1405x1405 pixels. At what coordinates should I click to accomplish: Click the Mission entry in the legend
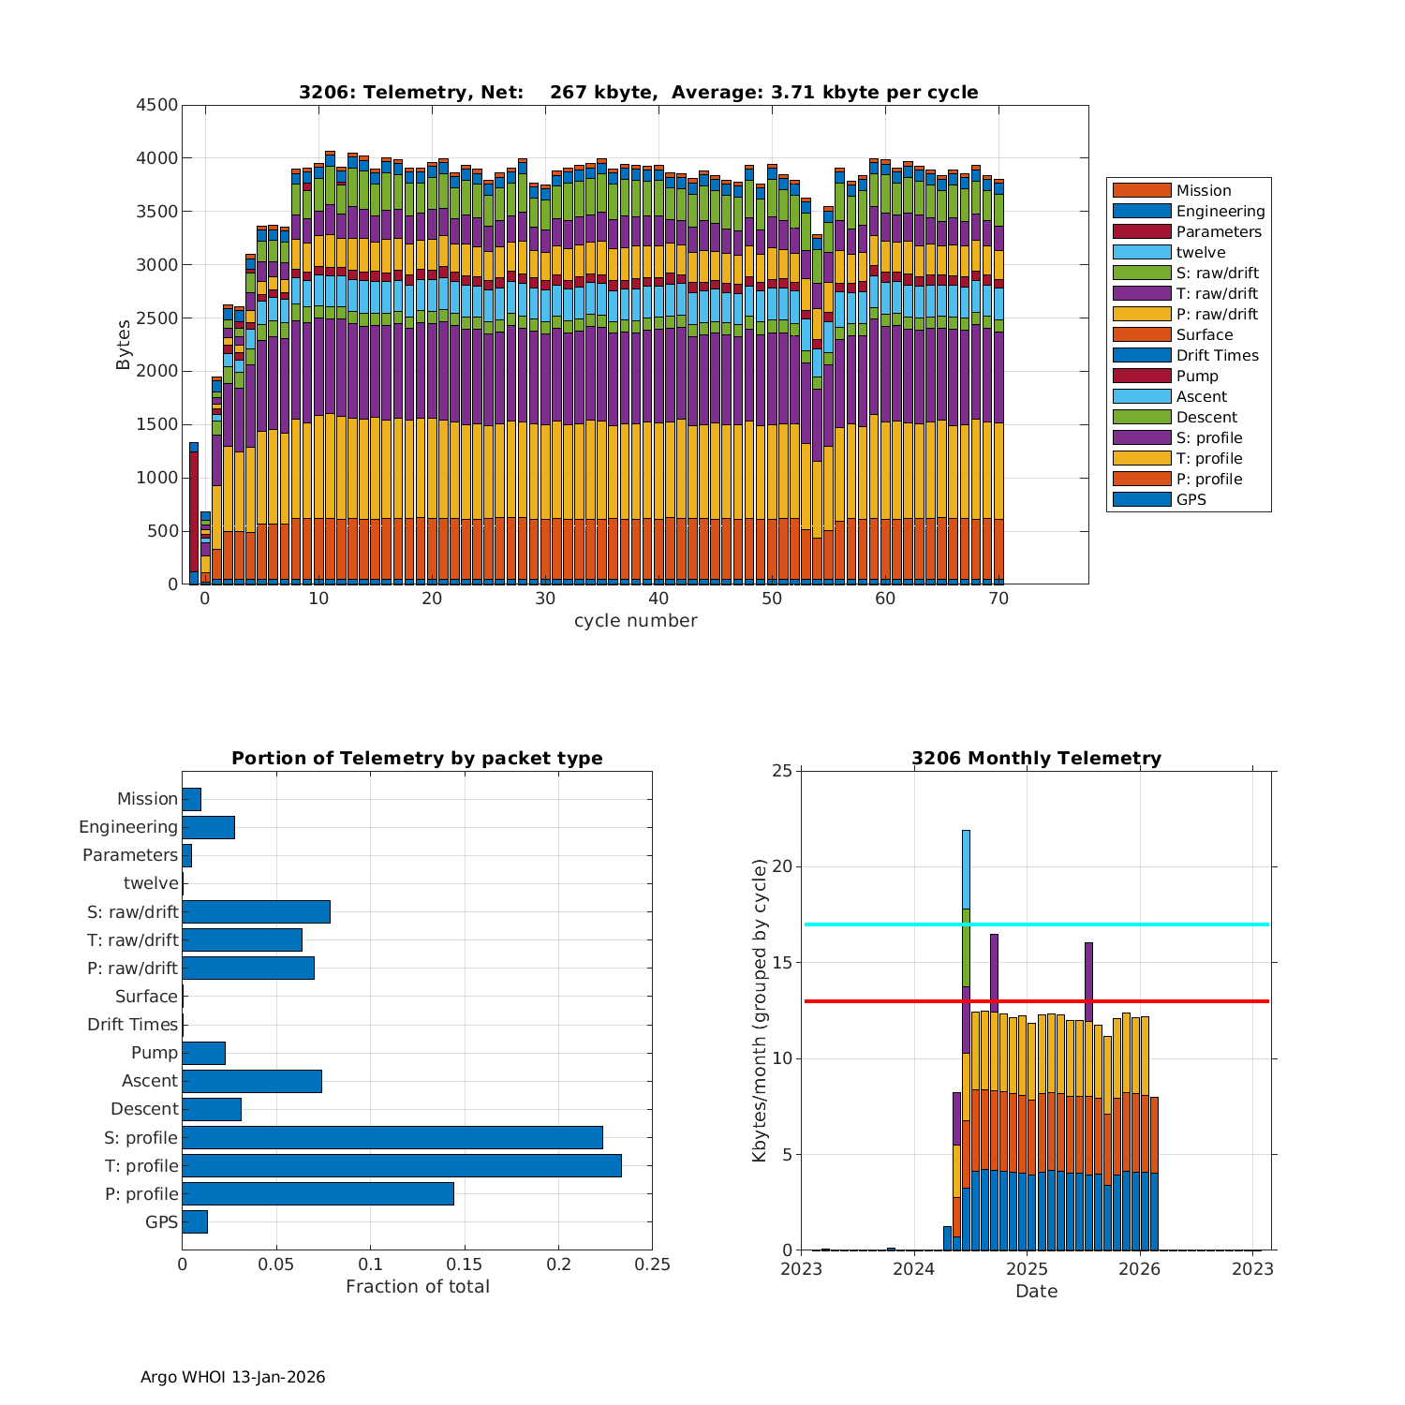point(1204,190)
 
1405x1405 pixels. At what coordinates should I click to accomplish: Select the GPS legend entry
point(1191,499)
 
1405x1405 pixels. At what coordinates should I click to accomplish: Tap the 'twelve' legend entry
point(1201,252)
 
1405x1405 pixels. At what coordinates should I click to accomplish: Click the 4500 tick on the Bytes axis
point(156,105)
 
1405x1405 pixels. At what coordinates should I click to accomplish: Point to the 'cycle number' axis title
point(635,620)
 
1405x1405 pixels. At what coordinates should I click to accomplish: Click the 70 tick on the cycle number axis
point(998,599)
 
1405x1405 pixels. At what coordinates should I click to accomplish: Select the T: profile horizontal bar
point(401,1165)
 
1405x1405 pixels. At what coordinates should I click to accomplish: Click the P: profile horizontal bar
point(318,1193)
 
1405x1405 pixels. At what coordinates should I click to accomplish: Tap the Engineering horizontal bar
point(208,827)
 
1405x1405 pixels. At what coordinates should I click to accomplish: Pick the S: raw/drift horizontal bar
point(256,911)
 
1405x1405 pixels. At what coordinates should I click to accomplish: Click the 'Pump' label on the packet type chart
point(155,1052)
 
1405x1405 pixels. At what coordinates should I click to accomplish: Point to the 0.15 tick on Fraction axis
point(465,1264)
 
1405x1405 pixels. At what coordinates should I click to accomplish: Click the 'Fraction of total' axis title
point(417,1286)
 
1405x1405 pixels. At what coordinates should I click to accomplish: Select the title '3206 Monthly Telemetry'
point(1036,758)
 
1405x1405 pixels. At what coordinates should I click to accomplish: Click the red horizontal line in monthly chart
point(1124,1001)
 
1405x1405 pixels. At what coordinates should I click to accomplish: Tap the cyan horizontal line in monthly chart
point(1124,924)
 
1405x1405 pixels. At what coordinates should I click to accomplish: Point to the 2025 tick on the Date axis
point(1027,1268)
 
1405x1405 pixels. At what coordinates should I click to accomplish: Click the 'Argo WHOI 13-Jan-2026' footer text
point(232,1377)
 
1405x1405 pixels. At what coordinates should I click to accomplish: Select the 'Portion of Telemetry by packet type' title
point(417,758)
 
